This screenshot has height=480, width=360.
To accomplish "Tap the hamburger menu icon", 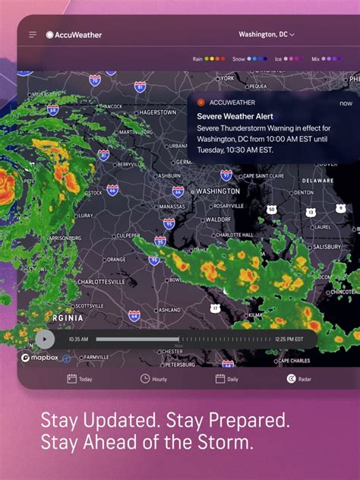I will pyautogui.click(x=33, y=35).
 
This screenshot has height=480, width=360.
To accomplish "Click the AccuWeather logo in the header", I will pyautogui.click(x=74, y=35).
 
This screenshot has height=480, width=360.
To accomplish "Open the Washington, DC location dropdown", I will pyautogui.click(x=267, y=34).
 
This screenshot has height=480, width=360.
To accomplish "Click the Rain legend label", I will pyautogui.click(x=197, y=58).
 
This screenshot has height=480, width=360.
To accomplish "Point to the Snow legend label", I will pyautogui.click(x=238, y=58).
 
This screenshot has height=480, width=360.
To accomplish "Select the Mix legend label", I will pyautogui.click(x=315, y=58).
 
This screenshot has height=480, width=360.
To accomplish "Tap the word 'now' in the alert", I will pyautogui.click(x=346, y=103).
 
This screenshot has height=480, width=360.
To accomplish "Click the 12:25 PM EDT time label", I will pyautogui.click(x=289, y=339).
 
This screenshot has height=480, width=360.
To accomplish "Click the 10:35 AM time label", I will pyautogui.click(x=78, y=339).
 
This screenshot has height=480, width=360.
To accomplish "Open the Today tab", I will pyautogui.click(x=80, y=378).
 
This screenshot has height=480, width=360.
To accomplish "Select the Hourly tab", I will pyautogui.click(x=153, y=378).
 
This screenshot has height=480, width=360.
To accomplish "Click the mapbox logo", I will pyautogui.click(x=36, y=358).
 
